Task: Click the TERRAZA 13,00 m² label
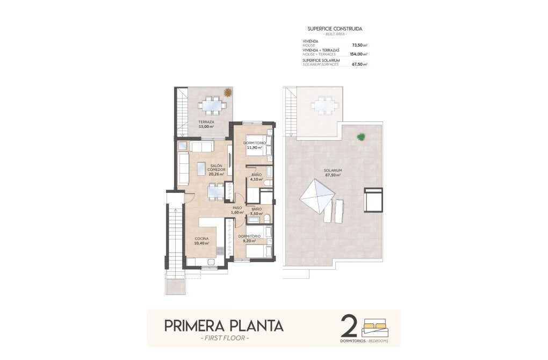pyautogui.click(x=206, y=125)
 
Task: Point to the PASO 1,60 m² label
pyautogui.click(x=237, y=210)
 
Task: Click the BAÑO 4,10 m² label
pyautogui.click(x=256, y=177)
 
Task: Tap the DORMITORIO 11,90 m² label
pyautogui.click(x=255, y=145)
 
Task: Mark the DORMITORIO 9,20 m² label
pyautogui.click(x=251, y=238)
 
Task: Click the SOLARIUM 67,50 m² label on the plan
pyautogui.click(x=333, y=172)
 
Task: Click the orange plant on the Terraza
pyautogui.click(x=228, y=92)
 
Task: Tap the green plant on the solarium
pyautogui.click(x=360, y=136)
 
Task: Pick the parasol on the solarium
pyautogui.click(x=316, y=197)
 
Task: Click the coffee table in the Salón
pyautogui.click(x=202, y=168)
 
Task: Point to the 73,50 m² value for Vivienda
pyautogui.click(x=359, y=46)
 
